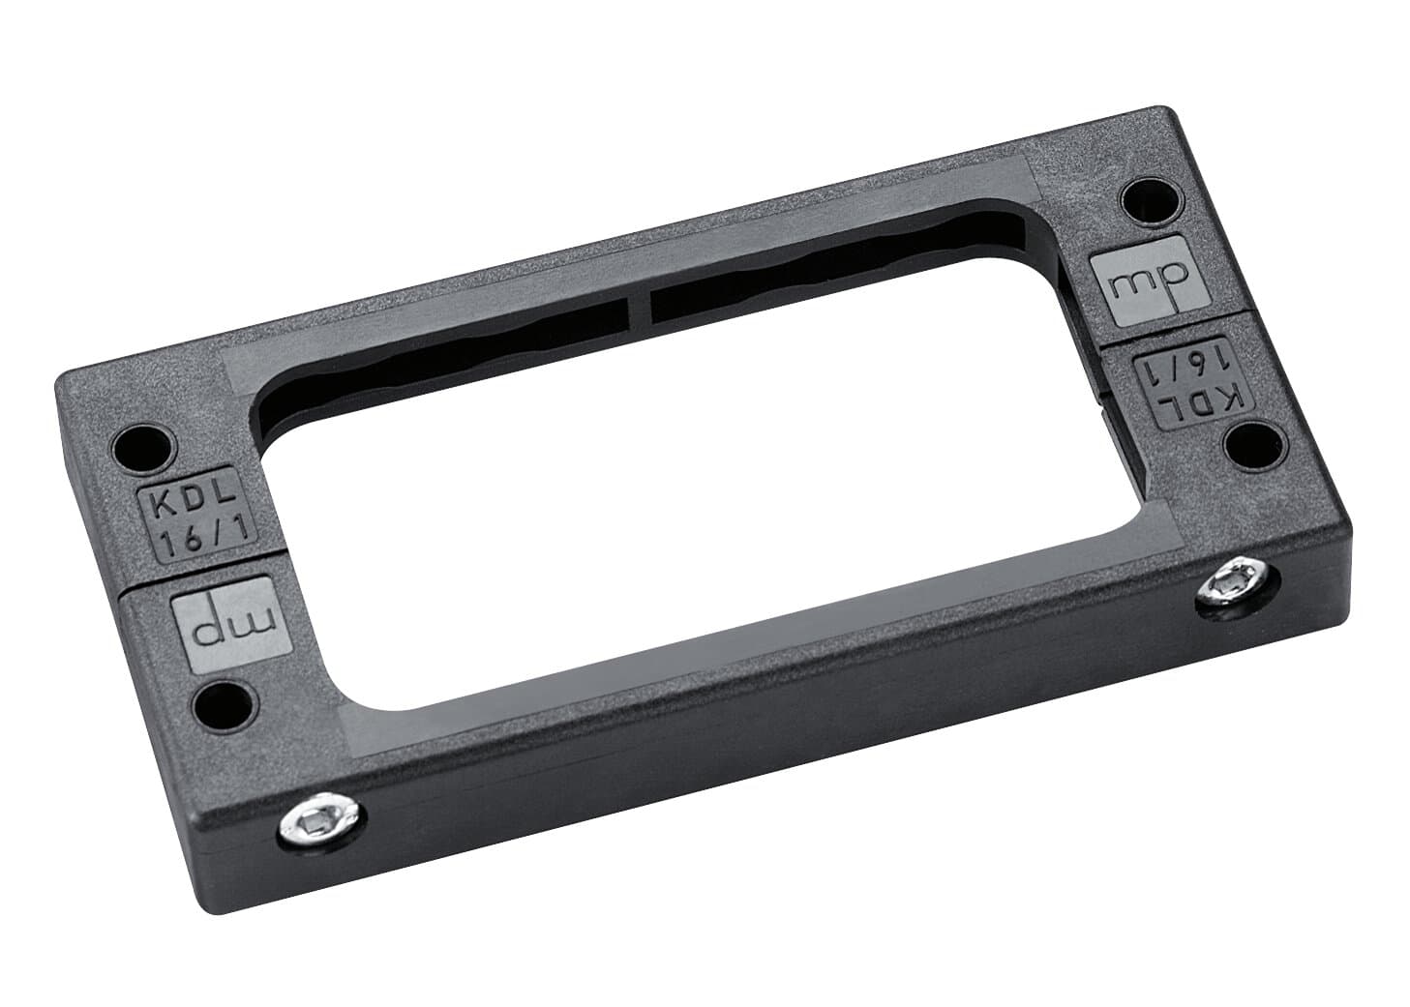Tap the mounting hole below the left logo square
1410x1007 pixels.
pyautogui.click(x=225, y=703)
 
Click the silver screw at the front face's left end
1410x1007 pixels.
pyautogui.click(x=321, y=822)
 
